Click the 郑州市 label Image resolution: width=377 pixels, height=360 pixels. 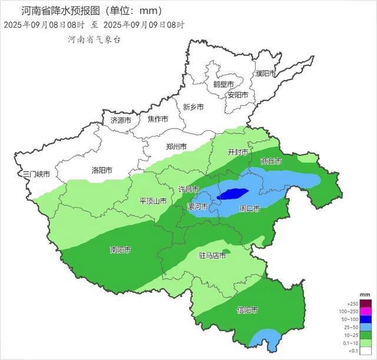click(x=176, y=147)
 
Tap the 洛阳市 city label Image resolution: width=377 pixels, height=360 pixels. click(x=102, y=170)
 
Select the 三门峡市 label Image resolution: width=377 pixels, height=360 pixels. click(x=37, y=174)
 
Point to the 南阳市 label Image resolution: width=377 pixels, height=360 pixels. click(x=120, y=250)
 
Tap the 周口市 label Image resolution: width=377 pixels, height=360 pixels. click(x=249, y=209)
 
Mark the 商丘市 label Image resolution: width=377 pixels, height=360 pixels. click(x=270, y=161)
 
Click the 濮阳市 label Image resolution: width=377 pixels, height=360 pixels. click(x=266, y=74)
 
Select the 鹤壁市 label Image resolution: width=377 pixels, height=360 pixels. click(x=223, y=84)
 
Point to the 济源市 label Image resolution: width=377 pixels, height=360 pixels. click(x=121, y=120)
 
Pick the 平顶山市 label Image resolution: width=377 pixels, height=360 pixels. click(x=153, y=201)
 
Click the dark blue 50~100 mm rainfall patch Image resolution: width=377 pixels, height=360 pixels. click(x=231, y=193)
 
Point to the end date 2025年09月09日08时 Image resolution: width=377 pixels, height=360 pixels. click(x=144, y=25)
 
